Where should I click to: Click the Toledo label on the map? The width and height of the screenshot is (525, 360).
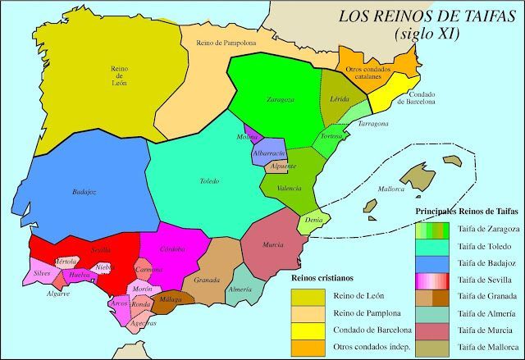[209, 181]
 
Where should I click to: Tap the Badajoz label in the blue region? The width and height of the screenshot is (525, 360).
[84, 192]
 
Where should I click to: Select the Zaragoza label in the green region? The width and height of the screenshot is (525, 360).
[280, 100]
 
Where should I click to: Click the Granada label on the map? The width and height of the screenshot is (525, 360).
[207, 280]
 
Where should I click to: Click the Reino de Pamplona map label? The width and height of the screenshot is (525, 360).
[226, 42]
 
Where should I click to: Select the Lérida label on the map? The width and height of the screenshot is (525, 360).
[339, 98]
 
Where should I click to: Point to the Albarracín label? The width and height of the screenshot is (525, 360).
[269, 153]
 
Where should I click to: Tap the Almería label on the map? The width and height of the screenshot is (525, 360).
[240, 289]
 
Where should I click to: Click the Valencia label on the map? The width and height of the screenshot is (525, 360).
[290, 189]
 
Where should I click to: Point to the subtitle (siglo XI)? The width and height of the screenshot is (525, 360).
[427, 34]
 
